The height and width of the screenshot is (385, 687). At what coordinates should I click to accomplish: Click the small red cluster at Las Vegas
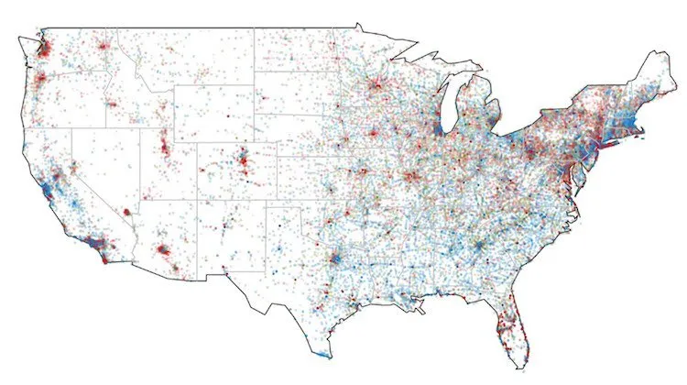[125, 212]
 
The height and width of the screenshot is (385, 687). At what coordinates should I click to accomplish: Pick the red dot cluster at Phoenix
[163, 248]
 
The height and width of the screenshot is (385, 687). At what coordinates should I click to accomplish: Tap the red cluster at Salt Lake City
[166, 147]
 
